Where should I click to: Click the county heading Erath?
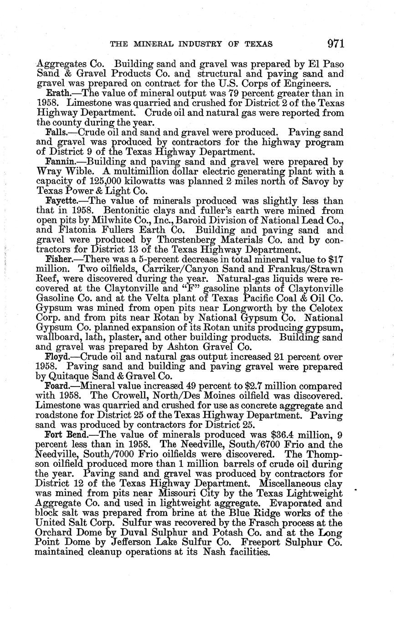[57, 94]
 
